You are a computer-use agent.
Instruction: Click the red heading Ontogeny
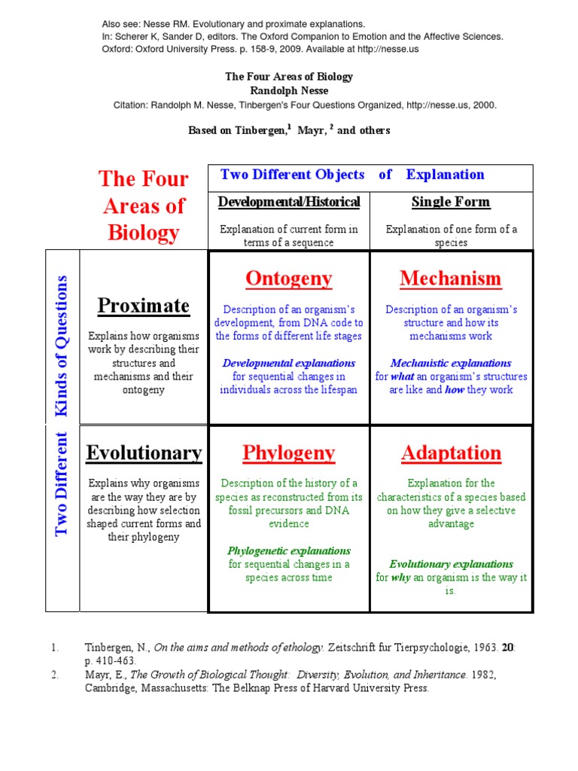[288, 279]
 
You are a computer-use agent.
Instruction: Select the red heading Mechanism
[450, 279]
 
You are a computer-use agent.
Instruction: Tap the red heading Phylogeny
[288, 453]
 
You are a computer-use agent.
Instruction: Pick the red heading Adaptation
[451, 453]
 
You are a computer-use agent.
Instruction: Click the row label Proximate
[143, 306]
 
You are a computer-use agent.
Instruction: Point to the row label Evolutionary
[143, 453]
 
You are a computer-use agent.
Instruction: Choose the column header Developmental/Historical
[289, 202]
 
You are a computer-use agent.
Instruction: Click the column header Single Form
[451, 202]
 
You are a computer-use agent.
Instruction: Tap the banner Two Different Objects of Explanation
[352, 175]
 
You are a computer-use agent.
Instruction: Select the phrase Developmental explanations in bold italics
[289, 363]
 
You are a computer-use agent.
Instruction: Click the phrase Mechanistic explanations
[451, 363]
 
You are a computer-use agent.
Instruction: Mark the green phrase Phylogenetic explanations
[289, 550]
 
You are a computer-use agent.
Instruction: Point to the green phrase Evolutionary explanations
[451, 564]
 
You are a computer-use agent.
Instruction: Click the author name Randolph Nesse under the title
[289, 90]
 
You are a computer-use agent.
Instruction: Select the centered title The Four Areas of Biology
[289, 77]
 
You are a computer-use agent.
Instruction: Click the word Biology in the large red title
[143, 233]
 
